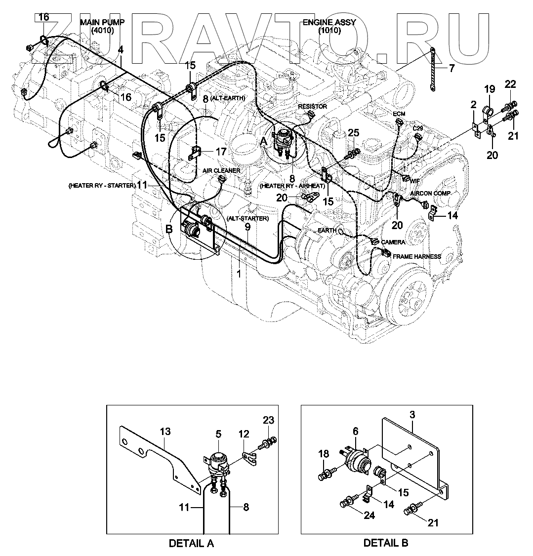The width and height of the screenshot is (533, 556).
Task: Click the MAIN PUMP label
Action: pos(103,23)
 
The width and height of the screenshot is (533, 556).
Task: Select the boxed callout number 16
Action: pos(43,17)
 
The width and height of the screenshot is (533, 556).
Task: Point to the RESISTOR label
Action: pos(312,106)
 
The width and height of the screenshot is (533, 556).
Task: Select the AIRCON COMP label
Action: pos(430,194)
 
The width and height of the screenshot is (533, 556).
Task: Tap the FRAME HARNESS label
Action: pos(416,257)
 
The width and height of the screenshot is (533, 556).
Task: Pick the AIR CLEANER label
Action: pos(221,170)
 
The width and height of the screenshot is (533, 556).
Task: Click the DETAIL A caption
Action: pos(191,543)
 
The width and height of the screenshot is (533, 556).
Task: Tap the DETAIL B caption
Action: pos(386,543)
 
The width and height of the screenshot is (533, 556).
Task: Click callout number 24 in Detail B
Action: pos(369,516)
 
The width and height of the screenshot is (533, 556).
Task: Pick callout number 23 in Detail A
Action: pos(268,420)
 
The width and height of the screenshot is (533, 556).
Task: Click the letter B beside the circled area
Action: pos(169,229)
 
